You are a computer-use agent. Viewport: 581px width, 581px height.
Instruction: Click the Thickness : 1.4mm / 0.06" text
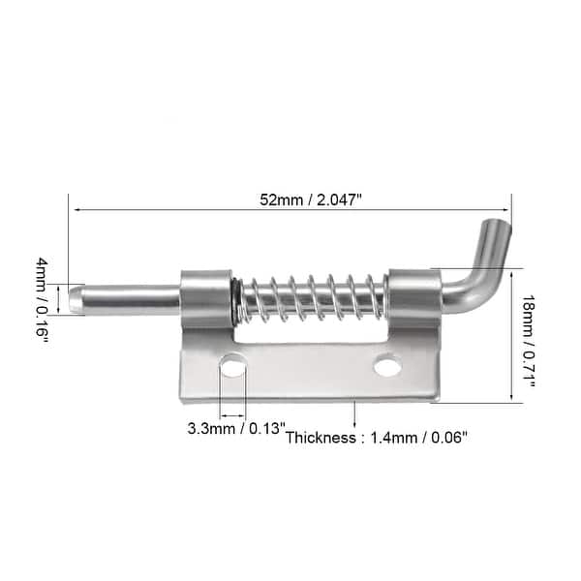(377, 437)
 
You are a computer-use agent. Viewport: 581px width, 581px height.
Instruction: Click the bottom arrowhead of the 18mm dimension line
(511, 396)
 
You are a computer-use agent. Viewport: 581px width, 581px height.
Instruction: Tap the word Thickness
(320, 437)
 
